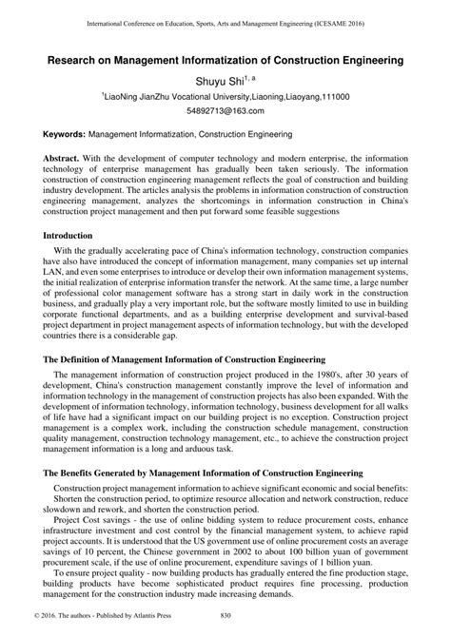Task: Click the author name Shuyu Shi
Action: pyautogui.click(x=221, y=82)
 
